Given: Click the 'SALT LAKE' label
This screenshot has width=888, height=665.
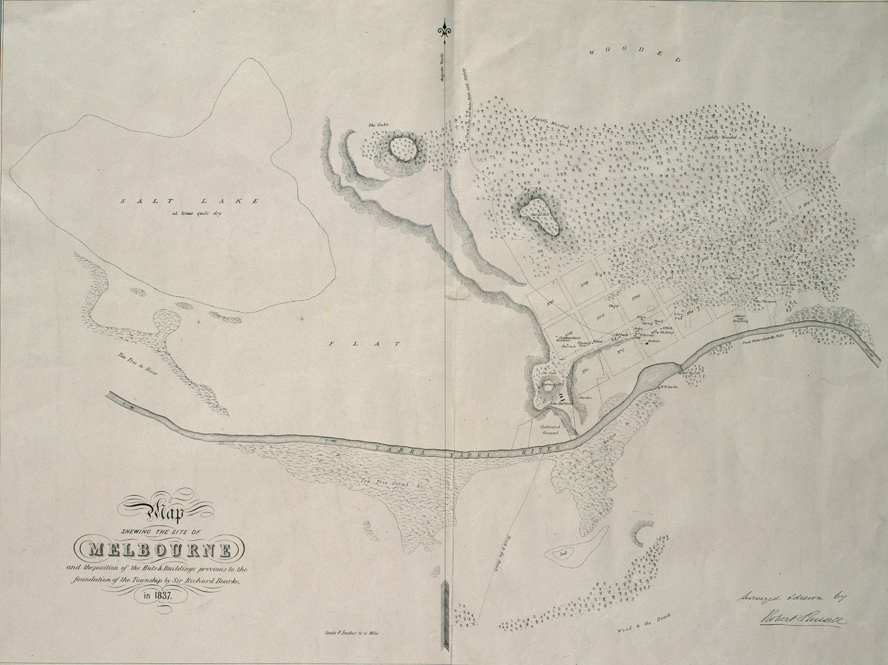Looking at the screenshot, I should (190, 201).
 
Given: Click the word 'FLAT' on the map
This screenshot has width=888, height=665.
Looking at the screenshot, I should (365, 344).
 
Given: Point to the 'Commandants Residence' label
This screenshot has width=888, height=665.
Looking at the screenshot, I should (572, 338).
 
